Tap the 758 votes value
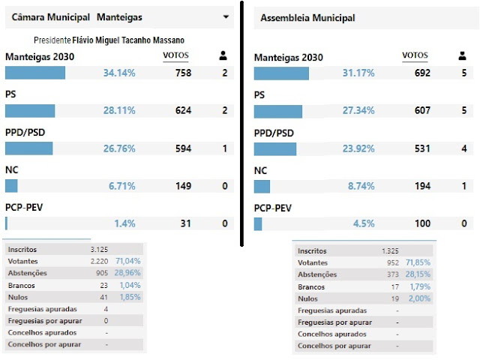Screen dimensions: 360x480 [183, 73]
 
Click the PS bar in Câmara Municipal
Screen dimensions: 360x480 [30, 110]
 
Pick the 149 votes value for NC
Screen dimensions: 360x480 [183, 186]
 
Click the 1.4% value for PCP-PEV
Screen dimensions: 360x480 [125, 223]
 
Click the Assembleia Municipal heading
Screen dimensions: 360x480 [308, 17]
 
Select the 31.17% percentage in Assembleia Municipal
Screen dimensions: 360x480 [358, 73]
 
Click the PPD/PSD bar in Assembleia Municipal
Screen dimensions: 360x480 [275, 148]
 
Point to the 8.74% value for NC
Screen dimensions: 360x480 [358, 186]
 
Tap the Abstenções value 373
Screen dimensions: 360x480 [390, 274]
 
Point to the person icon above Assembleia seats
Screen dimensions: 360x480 [461, 55]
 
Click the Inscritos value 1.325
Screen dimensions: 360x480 [389, 250]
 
